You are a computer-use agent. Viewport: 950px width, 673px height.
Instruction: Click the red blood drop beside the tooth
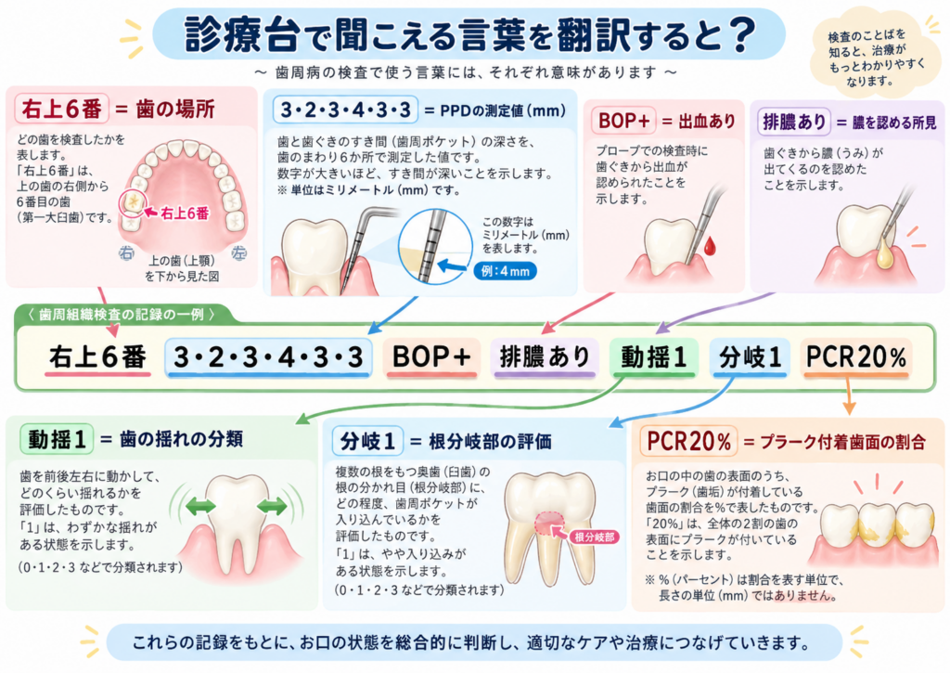[710, 246]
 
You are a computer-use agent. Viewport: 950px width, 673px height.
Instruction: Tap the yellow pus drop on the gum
[885, 254]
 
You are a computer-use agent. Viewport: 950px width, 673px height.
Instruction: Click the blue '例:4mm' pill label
[506, 271]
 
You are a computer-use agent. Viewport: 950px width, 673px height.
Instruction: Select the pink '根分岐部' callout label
[595, 537]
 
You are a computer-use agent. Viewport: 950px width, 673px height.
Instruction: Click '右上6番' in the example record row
[97, 357]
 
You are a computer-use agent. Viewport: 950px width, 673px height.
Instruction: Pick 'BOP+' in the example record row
[431, 357]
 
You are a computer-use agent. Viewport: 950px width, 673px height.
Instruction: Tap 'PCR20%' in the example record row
[856, 357]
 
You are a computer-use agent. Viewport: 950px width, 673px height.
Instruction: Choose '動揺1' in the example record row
[654, 357]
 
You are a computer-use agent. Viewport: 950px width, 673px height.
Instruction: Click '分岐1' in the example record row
[750, 357]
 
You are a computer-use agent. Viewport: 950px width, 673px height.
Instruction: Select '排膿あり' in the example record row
[545, 357]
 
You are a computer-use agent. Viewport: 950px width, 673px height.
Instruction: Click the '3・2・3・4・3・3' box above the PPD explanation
[345, 110]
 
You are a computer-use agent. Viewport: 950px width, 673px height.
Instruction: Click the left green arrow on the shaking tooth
[200, 506]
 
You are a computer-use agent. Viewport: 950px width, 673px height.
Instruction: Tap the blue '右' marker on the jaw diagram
[126, 252]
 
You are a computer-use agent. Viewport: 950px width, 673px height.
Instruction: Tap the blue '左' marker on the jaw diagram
[238, 252]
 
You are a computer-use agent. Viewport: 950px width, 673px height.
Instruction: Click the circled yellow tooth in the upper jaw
[133, 203]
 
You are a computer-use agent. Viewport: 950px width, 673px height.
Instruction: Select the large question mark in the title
[741, 35]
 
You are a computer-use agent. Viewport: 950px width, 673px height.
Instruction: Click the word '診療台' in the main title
[242, 34]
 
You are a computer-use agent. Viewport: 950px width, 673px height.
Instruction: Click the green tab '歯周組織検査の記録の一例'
[122, 314]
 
